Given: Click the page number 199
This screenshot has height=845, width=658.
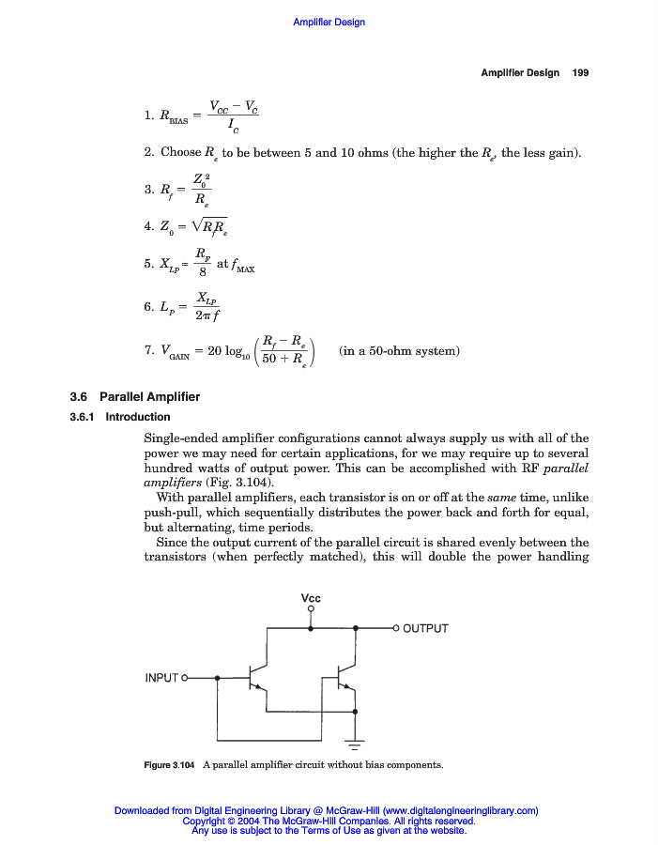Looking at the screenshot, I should coord(580,73).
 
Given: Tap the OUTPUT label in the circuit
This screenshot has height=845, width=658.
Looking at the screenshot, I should coord(425,628).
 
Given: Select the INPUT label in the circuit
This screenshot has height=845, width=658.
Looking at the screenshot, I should coord(161,677).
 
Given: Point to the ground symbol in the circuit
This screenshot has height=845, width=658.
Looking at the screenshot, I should coord(355,745).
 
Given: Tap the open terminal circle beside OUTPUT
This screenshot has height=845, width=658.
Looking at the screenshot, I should coord(396,628).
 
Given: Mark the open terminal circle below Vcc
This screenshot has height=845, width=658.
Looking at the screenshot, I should coord(311,611).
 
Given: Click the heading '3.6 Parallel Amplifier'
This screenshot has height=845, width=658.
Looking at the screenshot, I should coord(129,397).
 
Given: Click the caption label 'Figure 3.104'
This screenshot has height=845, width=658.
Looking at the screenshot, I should coord(169,765).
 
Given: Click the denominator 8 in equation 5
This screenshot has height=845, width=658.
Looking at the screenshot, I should coord(202,273).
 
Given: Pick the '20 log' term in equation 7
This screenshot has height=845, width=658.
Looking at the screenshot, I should coord(227,351).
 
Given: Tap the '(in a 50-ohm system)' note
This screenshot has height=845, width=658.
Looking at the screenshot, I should coord(399,351).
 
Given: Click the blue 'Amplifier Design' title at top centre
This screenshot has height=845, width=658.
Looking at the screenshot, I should coord(329,22).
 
